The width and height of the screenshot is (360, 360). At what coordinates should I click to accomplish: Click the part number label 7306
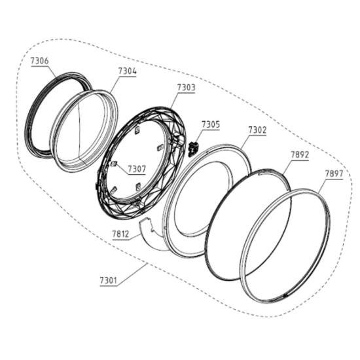[x=40, y=61]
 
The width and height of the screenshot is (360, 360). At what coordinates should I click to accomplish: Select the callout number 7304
[x=128, y=71]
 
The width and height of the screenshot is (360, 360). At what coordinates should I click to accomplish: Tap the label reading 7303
[x=186, y=88]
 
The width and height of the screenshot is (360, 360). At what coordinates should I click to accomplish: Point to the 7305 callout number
[x=211, y=124]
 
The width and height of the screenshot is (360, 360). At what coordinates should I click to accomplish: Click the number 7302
[x=258, y=130]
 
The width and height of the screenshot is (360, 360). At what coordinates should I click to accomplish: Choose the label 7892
[x=300, y=154]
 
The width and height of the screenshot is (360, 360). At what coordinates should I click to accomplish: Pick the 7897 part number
[x=334, y=173]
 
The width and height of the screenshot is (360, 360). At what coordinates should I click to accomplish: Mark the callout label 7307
[x=137, y=170]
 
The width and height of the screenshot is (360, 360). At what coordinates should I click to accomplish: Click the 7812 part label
[x=121, y=234]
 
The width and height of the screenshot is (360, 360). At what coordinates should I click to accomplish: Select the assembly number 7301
[x=109, y=281]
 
